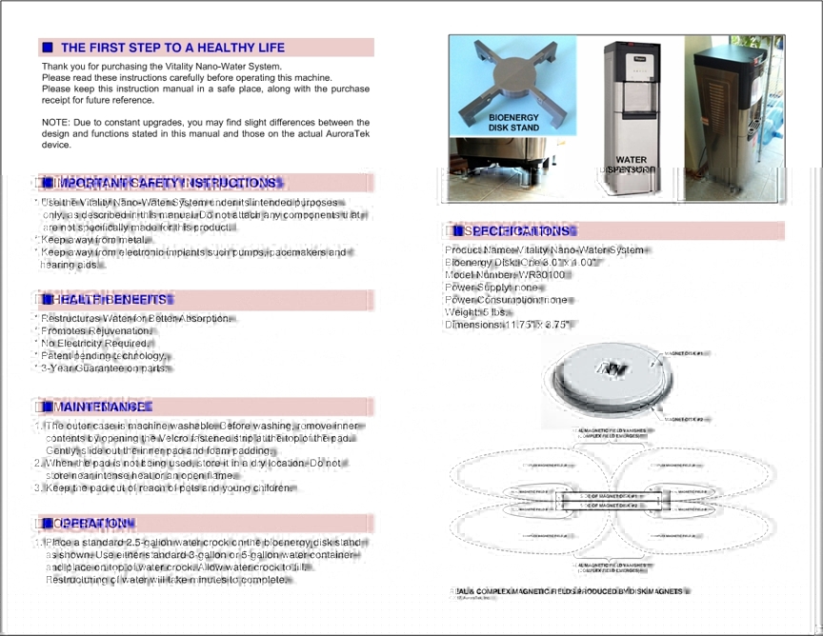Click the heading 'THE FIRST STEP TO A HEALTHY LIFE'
click(172, 48)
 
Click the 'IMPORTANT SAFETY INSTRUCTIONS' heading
click(167, 183)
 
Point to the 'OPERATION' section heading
click(95, 524)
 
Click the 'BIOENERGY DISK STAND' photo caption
click(513, 122)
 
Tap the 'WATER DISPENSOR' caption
click(631, 165)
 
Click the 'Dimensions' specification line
click(508, 325)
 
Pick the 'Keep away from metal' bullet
click(93, 240)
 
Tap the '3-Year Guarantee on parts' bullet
click(105, 368)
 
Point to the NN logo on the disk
click(605, 368)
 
